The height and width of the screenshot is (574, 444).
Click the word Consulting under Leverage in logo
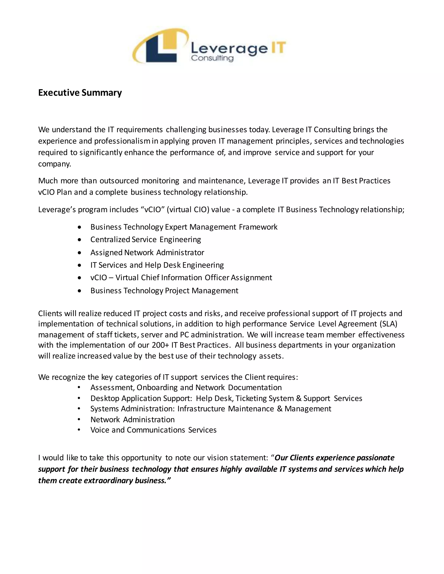[x=212, y=58]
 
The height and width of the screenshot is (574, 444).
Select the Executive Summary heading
[x=80, y=93]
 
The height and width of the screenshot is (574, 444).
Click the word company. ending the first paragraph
[x=54, y=164]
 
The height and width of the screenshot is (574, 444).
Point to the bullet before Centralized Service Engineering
[x=79, y=240]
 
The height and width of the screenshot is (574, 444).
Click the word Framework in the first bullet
[x=258, y=227]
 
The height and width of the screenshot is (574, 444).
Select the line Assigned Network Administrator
[x=147, y=253]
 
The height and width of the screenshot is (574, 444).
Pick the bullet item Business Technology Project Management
[x=164, y=291]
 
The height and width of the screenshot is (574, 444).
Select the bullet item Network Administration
[x=132, y=420]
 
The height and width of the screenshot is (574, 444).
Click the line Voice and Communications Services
[x=153, y=430]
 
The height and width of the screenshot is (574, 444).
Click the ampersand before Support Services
[x=299, y=398]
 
